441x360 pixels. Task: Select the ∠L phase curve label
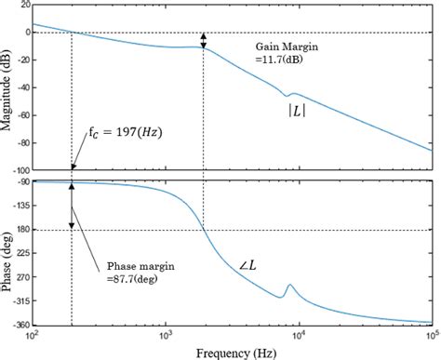(x=247, y=241)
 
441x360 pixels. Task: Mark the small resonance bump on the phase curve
(x=289, y=287)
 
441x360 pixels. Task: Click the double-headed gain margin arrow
(x=204, y=41)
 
